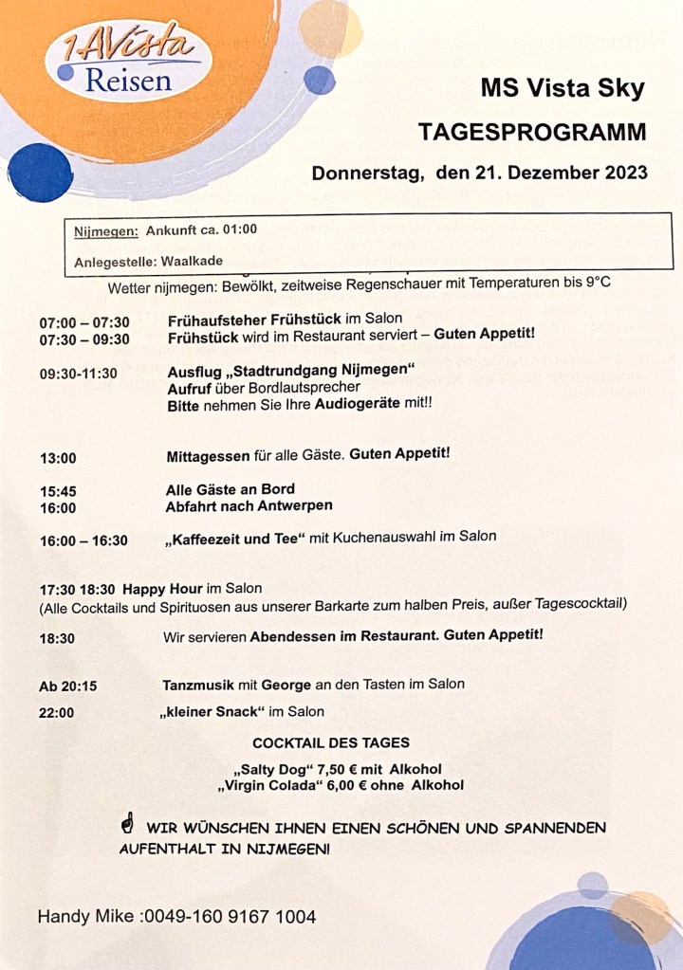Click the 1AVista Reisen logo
click(x=128, y=61)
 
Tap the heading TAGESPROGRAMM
click(x=532, y=132)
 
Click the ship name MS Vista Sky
click(x=562, y=89)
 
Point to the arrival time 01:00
click(x=241, y=229)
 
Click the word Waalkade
click(x=192, y=261)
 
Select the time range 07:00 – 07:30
click(x=84, y=322)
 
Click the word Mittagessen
click(x=209, y=454)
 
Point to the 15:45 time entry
click(x=58, y=491)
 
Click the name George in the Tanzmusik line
click(x=285, y=684)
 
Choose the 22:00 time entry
click(x=57, y=713)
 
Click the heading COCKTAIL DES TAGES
click(x=331, y=742)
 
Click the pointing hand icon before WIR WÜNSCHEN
click(x=127, y=826)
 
